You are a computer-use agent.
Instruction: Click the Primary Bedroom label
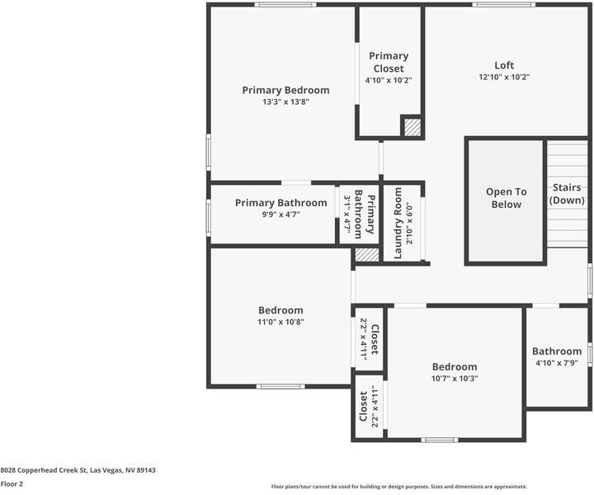[285, 90]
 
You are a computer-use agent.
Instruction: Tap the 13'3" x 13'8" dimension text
[285, 102]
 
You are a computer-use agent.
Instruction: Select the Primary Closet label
[389, 62]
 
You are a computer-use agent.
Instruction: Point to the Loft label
[504, 65]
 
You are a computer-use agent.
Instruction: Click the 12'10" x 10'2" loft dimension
[504, 77]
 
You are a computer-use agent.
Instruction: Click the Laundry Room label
[398, 223]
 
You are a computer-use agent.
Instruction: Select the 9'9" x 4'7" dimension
[280, 214]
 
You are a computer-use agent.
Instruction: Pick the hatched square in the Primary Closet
[411, 128]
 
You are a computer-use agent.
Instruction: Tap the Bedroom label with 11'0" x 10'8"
[280, 310]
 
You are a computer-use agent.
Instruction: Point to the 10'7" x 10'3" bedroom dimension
[455, 379]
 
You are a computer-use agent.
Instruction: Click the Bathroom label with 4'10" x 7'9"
[557, 351]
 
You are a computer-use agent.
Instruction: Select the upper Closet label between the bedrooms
[374, 340]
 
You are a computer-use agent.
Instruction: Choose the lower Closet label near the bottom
[363, 406]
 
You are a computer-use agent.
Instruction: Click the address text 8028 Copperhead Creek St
[78, 469]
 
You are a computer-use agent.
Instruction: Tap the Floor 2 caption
[12, 484]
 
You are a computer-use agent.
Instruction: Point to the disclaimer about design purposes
[398, 487]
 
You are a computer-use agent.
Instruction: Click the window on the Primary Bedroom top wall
[285, 5]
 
